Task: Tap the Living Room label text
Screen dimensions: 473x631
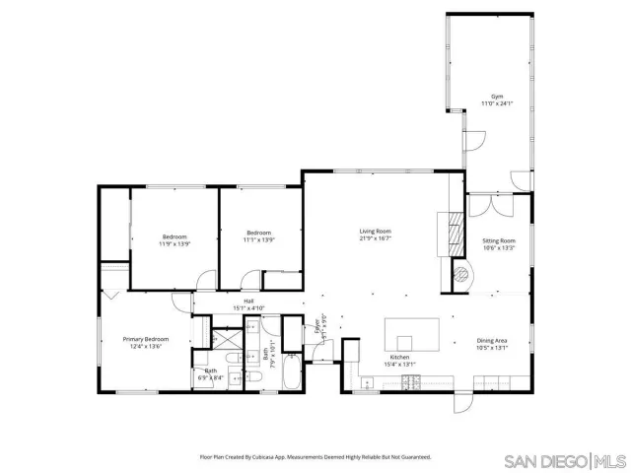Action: pyautogui.click(x=376, y=232)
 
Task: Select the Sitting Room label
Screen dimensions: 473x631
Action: pyautogui.click(x=499, y=240)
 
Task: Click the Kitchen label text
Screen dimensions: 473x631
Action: pyautogui.click(x=399, y=357)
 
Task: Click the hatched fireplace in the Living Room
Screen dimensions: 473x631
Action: pyautogui.click(x=456, y=232)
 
